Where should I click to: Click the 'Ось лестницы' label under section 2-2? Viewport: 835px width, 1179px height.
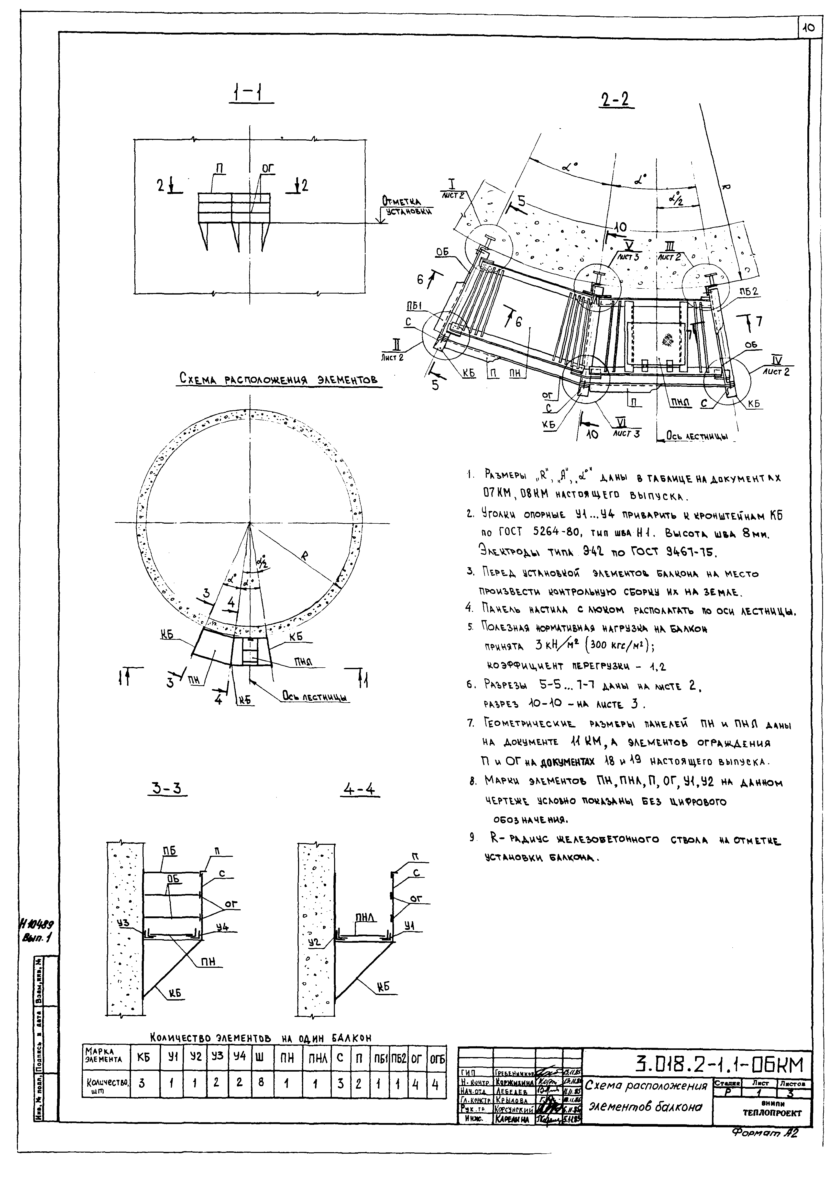click(x=697, y=436)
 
